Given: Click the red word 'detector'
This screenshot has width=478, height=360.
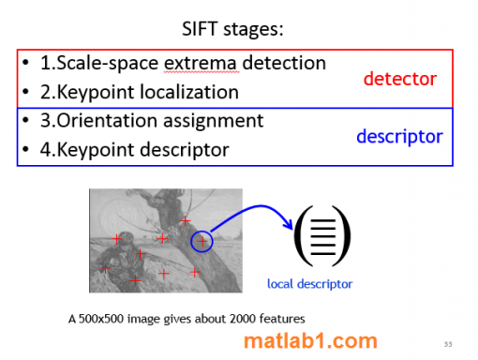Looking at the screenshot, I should pyautogui.click(x=401, y=79).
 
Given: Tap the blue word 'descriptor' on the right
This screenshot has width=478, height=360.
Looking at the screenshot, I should pyautogui.click(x=399, y=137).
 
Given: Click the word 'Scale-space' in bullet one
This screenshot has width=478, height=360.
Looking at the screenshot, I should pyautogui.click(x=108, y=64).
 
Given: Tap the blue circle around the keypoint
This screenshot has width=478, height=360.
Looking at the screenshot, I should pyautogui.click(x=202, y=242).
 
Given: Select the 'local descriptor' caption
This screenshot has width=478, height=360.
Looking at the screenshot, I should pyautogui.click(x=310, y=283).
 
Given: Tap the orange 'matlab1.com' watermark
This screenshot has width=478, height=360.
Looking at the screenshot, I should pyautogui.click(x=310, y=341).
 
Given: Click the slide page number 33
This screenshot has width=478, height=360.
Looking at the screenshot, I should pyautogui.click(x=448, y=342).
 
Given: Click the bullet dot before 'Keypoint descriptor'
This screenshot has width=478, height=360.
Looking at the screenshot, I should pyautogui.click(x=27, y=150).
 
